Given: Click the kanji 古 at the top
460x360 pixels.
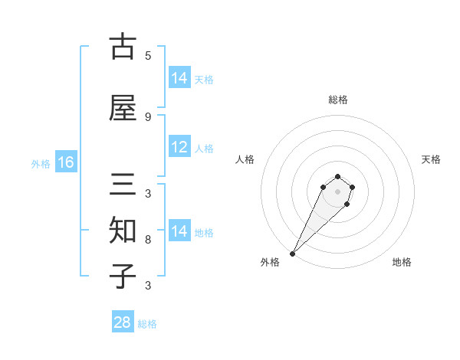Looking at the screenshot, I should click(x=123, y=47).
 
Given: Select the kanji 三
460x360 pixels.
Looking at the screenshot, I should click(x=123, y=187).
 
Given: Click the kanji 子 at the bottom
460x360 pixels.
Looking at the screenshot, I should click(x=123, y=276).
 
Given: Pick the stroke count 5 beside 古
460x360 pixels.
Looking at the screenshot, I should click(x=148, y=55).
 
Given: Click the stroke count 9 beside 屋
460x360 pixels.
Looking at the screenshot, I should click(x=148, y=116).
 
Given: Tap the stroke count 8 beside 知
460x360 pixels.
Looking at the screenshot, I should click(x=148, y=240).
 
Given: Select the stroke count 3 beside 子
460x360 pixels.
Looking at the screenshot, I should click(x=148, y=286).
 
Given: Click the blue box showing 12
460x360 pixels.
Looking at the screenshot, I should click(x=179, y=148).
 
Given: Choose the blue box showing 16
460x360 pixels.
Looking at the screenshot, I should click(x=65, y=162).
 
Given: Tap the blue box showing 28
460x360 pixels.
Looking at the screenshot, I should click(x=123, y=322).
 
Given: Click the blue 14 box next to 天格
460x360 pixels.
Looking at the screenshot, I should click(x=179, y=78).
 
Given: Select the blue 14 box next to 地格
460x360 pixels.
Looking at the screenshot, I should click(x=179, y=231).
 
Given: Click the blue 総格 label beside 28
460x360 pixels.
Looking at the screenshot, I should click(x=147, y=324).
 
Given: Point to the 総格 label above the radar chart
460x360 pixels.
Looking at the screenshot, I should click(x=337, y=100).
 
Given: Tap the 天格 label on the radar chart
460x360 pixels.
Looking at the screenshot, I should click(x=431, y=159).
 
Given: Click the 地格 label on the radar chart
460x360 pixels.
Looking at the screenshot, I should click(x=402, y=262).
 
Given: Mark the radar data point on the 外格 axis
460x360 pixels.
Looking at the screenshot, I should click(x=292, y=253).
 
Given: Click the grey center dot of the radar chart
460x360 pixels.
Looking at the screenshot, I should click(x=337, y=191).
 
